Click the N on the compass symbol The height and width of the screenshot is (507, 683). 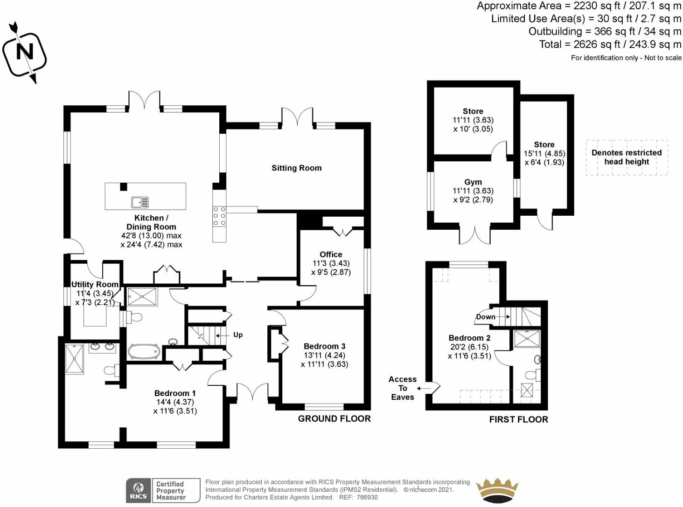(x=25, y=52)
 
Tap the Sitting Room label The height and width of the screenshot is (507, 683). (x=297, y=168)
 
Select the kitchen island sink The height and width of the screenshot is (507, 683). (x=140, y=202)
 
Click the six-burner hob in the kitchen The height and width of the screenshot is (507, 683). (x=219, y=216)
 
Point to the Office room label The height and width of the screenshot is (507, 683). (x=331, y=254)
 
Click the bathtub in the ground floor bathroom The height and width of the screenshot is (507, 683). (x=144, y=351)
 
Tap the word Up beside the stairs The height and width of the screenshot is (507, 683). (x=238, y=335)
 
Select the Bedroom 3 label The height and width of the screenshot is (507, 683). (x=325, y=346)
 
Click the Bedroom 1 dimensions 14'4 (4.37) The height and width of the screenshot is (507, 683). (x=175, y=402)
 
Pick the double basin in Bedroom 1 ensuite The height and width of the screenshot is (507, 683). (x=102, y=347)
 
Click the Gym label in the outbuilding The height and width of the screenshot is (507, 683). (x=473, y=182)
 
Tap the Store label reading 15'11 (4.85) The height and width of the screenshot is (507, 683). (x=544, y=153)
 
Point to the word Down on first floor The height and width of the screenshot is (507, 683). (x=486, y=317)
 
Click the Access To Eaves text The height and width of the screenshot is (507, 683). (x=403, y=388)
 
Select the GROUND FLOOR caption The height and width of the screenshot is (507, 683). (x=334, y=419)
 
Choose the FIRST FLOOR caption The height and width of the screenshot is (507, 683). (x=519, y=420)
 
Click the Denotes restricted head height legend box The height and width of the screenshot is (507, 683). (x=627, y=158)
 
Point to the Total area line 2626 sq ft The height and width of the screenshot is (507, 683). (x=610, y=44)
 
